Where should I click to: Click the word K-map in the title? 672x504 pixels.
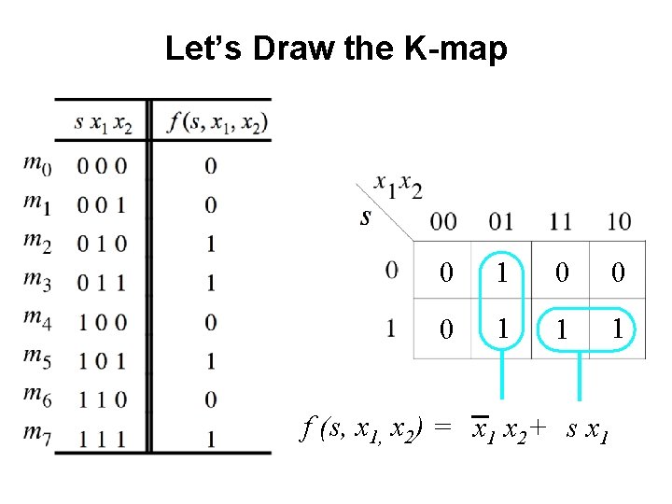click(x=457, y=48)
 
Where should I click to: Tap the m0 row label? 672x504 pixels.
click(x=36, y=165)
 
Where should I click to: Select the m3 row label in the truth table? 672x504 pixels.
click(x=36, y=283)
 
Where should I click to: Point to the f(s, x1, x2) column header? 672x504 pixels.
click(x=217, y=122)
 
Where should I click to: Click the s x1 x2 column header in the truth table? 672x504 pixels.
click(x=104, y=122)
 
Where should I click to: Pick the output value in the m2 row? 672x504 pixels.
click(x=210, y=244)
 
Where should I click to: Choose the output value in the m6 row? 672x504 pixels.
click(x=210, y=399)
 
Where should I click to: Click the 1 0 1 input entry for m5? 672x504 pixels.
click(x=103, y=360)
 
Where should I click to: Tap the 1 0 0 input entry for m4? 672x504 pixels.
click(x=103, y=322)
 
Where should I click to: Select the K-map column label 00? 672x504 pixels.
click(x=444, y=221)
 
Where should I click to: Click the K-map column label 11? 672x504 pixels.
click(x=559, y=221)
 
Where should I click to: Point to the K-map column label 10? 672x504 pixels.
click(x=618, y=221)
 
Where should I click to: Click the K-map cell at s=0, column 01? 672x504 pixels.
click(x=503, y=272)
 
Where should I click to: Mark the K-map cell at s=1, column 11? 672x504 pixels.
click(x=561, y=329)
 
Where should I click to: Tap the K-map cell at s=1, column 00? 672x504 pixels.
click(x=446, y=329)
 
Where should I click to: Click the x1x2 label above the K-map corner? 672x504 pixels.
click(x=399, y=187)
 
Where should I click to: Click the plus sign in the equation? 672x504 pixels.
click(x=537, y=428)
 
